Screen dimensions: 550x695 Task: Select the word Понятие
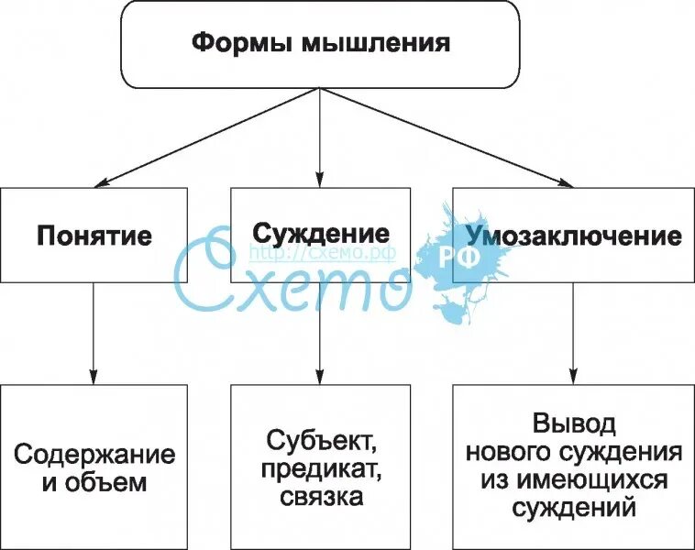click(x=94, y=235)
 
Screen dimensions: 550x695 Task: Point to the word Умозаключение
click(x=574, y=236)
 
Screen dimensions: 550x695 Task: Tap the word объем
click(x=106, y=481)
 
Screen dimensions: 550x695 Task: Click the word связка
click(x=320, y=498)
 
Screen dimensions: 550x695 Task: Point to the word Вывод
click(x=574, y=424)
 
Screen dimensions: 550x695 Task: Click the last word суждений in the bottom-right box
click(x=574, y=507)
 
